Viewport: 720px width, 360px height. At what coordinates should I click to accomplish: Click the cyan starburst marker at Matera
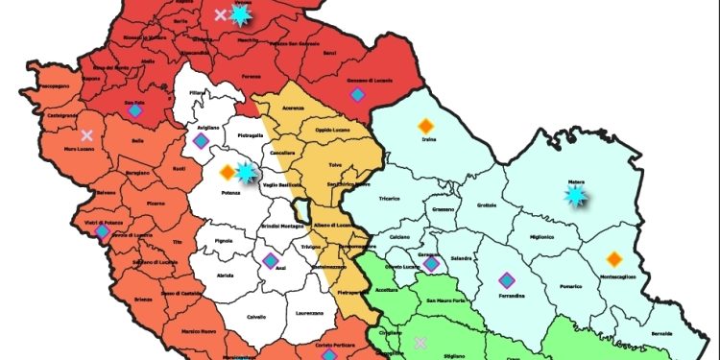[x=575, y=195]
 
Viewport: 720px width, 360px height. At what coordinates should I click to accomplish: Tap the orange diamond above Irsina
[x=425, y=125]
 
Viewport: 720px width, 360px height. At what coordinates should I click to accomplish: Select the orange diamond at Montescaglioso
[x=614, y=259]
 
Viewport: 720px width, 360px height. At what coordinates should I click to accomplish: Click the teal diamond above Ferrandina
[x=507, y=279]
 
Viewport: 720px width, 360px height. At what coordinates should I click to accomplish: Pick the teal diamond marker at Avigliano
[x=201, y=141]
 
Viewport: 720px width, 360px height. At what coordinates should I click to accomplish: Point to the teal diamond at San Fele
[x=135, y=111]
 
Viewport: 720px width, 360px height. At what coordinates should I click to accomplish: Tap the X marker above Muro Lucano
[x=87, y=135]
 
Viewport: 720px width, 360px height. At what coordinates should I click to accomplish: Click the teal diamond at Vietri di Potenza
[x=103, y=230]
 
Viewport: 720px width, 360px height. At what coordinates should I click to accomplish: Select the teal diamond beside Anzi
[x=271, y=260]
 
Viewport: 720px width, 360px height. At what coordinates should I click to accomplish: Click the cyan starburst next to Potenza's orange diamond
[x=246, y=172]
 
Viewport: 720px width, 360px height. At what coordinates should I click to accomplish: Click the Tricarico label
[x=391, y=202]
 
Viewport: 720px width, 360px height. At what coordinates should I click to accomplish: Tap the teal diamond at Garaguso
[x=432, y=263]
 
